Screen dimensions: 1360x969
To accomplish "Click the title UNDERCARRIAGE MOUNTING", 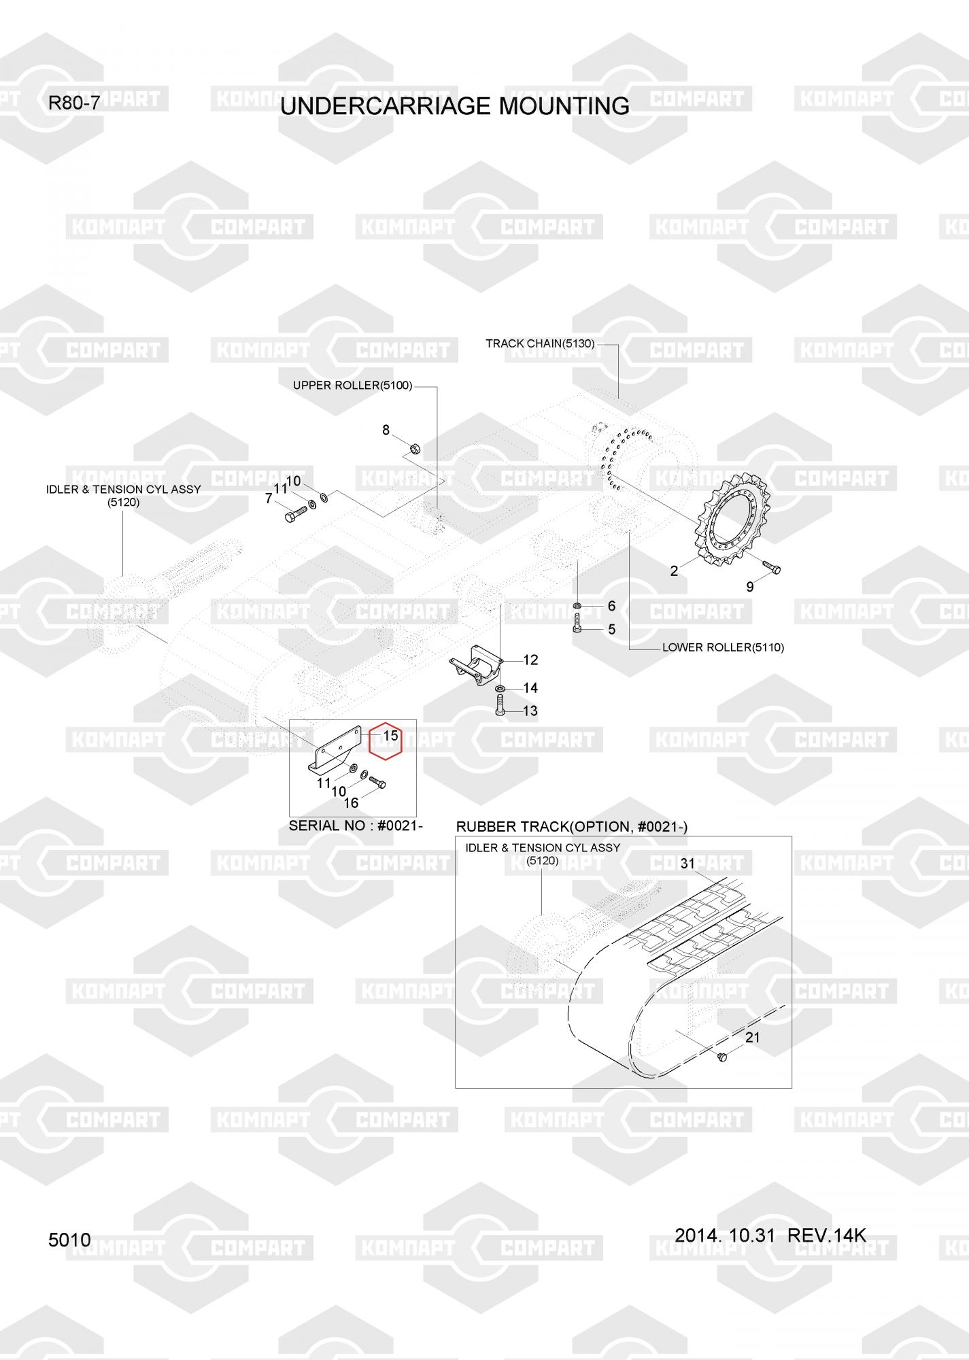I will coord(454,106).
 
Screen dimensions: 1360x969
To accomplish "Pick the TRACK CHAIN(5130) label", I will coord(540,343).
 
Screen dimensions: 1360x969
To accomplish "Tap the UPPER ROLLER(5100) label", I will coord(352,386).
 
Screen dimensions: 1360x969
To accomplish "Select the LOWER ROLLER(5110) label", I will coord(723,647).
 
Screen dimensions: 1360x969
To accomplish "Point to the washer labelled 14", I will coord(500,690).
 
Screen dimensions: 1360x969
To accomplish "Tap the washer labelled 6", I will coord(577,605).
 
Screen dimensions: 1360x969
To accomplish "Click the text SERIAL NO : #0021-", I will coord(356,826).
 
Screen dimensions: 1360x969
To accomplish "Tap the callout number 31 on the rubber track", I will coord(687,864).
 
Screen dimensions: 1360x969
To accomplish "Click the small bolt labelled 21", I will coord(722,1056).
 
